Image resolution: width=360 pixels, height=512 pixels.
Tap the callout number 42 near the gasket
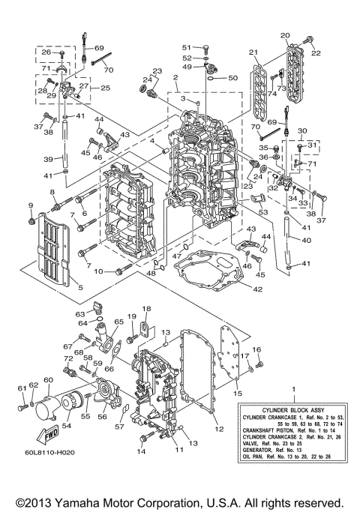tap(256, 288)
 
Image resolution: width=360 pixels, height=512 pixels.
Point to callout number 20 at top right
tap(284, 35)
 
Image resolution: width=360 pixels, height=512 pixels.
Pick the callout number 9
tap(31, 205)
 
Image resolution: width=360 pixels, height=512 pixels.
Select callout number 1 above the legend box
tap(293, 390)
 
